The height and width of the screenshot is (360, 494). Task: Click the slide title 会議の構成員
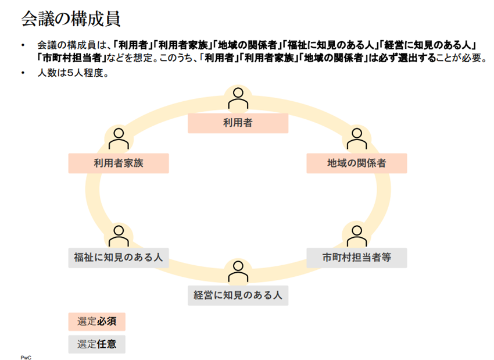coord(70,19)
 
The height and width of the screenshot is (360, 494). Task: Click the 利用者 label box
coord(238,123)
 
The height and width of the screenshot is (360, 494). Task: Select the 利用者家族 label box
coord(119,163)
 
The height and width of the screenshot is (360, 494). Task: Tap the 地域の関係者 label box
coord(356,163)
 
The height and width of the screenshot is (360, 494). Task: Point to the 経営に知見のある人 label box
coord(238,295)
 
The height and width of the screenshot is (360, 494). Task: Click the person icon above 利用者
coord(238,99)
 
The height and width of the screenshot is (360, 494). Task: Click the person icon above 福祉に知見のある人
coord(119,235)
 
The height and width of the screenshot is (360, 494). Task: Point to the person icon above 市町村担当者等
coord(356,235)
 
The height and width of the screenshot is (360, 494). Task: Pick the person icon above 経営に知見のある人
coord(238,272)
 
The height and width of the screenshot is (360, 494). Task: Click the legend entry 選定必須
coord(96,322)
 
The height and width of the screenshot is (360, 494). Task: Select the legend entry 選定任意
coord(96,344)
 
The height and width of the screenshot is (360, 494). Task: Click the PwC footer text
coord(26,356)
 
